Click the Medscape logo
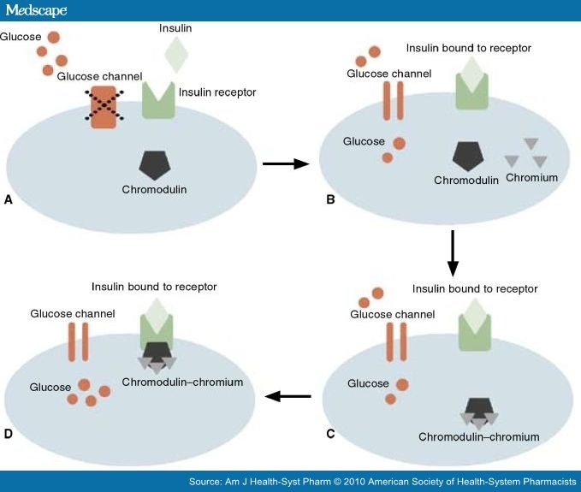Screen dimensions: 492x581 pyautogui.click(x=35, y=10)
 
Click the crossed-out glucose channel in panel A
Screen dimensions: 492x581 pyautogui.click(x=102, y=109)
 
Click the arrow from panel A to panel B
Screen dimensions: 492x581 pyautogui.click(x=285, y=163)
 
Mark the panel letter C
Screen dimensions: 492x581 pyautogui.click(x=330, y=434)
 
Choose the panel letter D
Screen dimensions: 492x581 pyautogui.click(x=9, y=433)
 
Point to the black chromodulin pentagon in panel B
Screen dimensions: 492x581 pyautogui.click(x=469, y=157)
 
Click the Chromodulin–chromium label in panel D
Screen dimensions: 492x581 pyautogui.click(x=181, y=382)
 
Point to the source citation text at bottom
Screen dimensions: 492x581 pyautogui.click(x=382, y=483)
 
